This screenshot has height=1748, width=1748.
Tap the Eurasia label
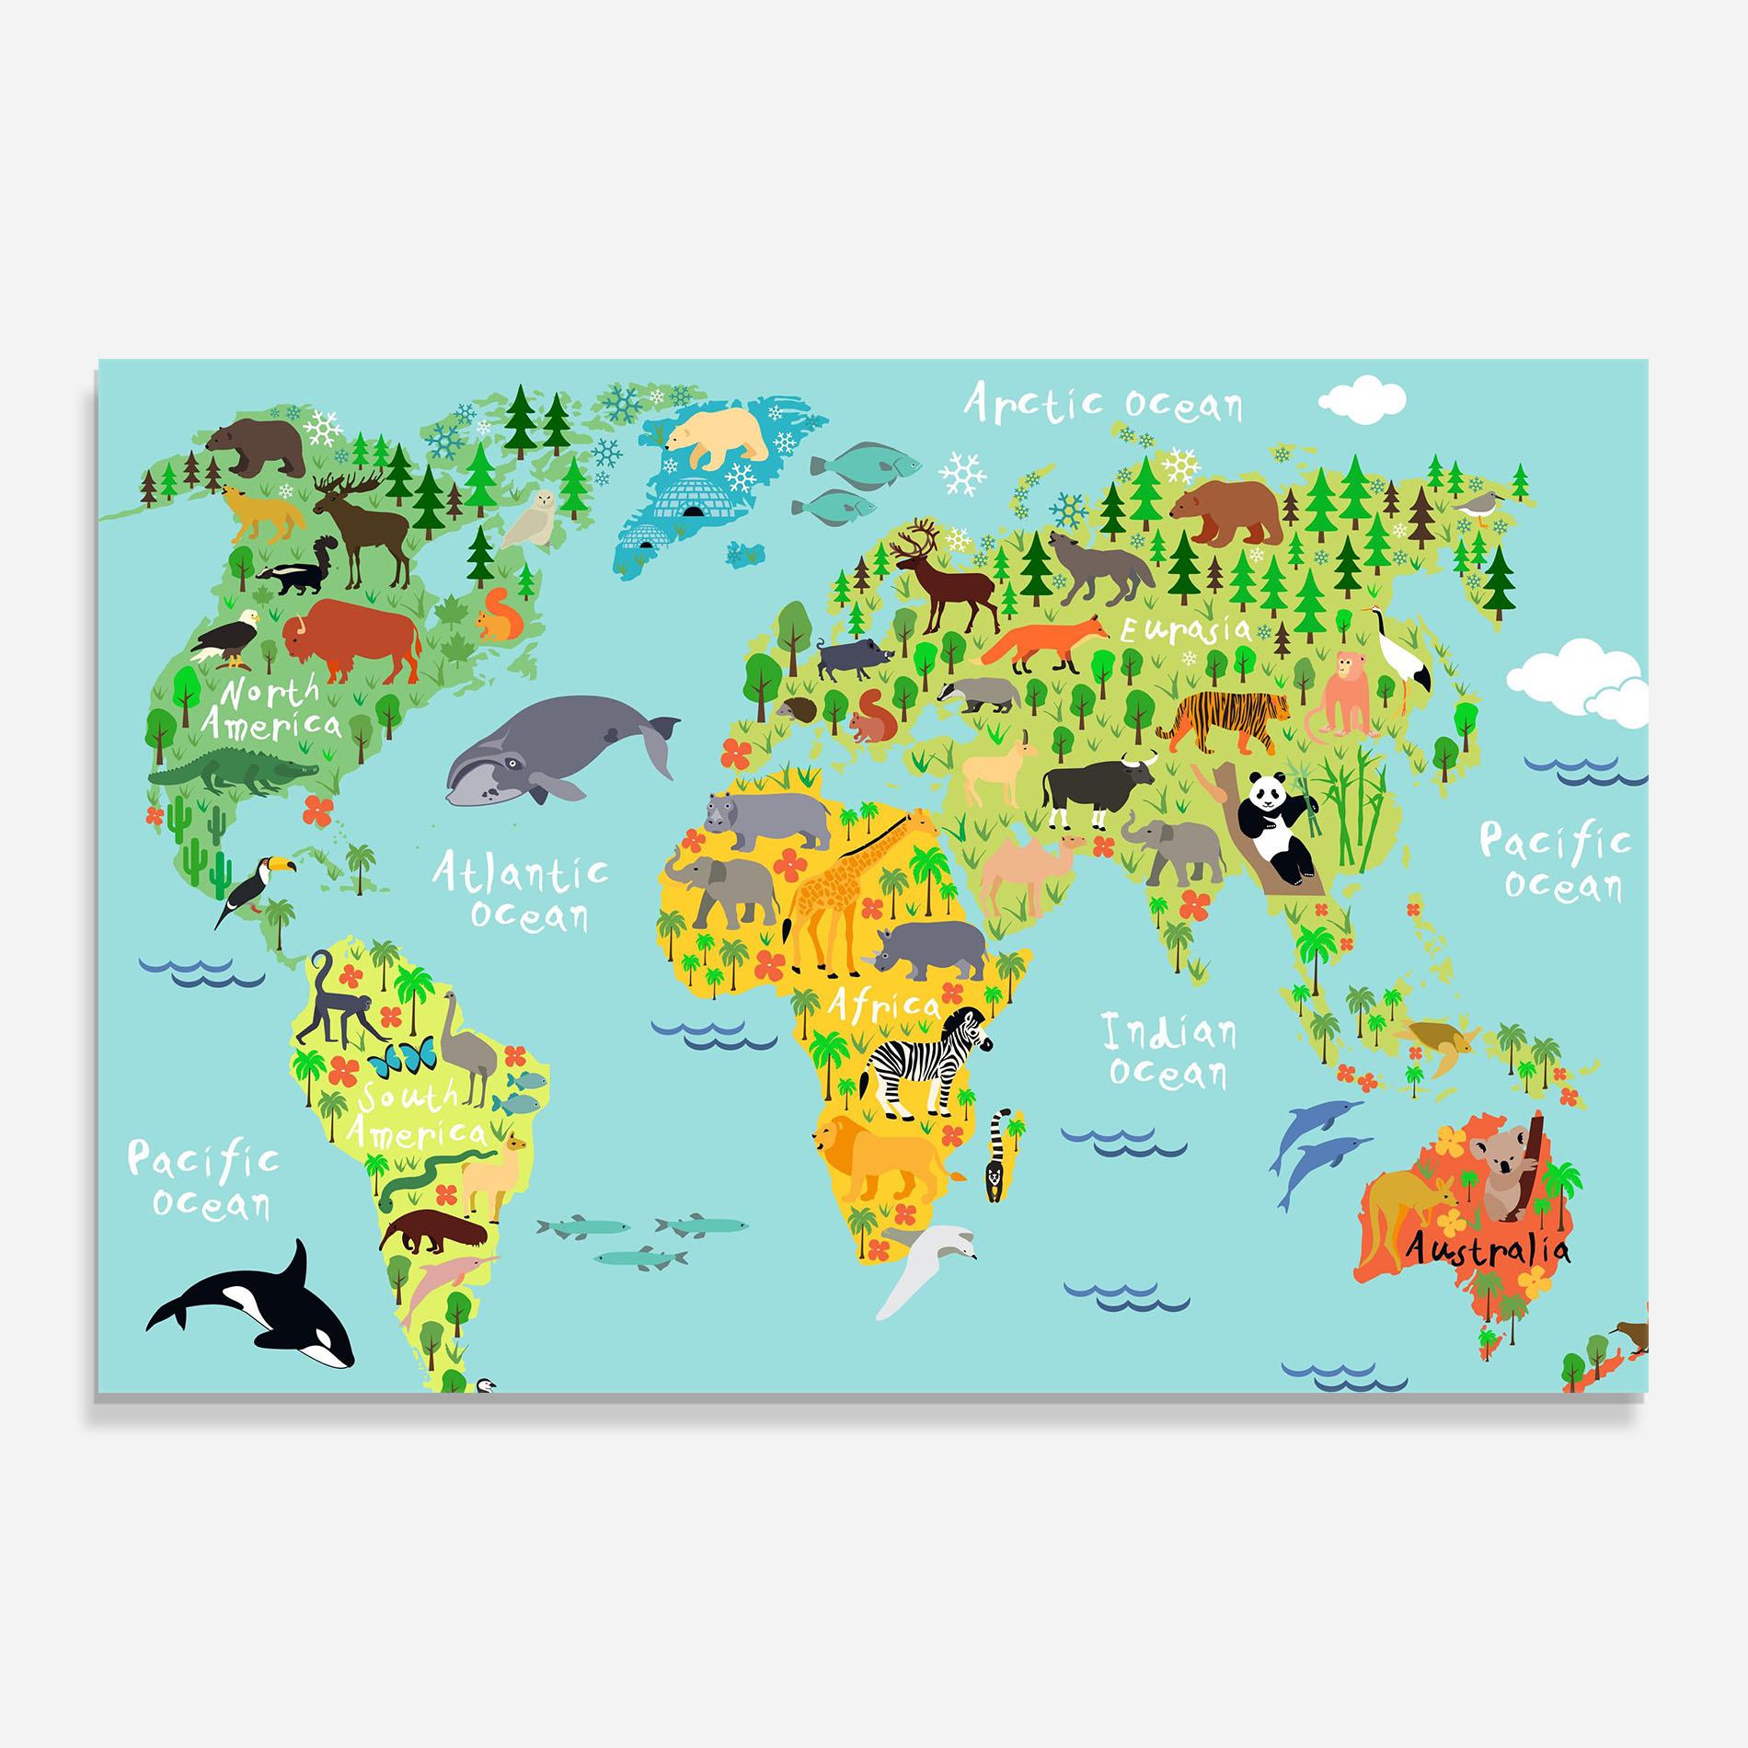tap(1186, 630)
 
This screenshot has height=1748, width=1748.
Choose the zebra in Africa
tap(925, 1063)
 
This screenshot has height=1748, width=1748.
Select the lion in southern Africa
tap(874, 1155)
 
